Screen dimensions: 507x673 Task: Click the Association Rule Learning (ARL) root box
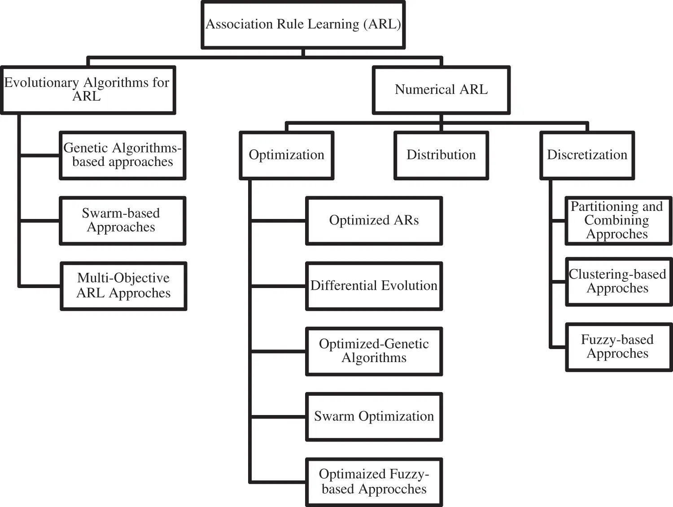point(303,25)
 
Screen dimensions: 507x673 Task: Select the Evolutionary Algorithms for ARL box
point(87,90)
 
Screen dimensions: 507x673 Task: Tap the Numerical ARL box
point(441,90)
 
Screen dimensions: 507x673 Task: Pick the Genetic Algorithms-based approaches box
point(122,155)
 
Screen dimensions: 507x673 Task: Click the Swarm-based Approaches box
point(122,220)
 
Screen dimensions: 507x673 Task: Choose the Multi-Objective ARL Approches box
point(123,286)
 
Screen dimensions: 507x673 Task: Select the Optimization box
point(286,155)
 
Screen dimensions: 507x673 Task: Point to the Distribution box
point(441,155)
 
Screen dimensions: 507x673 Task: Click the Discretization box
point(587,155)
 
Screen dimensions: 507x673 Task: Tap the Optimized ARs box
point(374,220)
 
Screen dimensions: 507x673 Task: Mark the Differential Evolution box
point(374,286)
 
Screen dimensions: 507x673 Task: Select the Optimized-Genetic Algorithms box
point(374,351)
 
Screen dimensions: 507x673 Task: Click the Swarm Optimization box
point(374,416)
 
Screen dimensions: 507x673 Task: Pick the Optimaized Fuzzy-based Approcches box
point(374,482)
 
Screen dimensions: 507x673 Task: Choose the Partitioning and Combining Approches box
point(618,220)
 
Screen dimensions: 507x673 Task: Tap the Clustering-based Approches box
point(618,281)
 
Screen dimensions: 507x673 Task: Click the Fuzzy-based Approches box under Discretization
point(618,347)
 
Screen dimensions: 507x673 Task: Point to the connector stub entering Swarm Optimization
point(278,417)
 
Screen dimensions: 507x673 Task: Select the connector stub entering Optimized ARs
point(278,221)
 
